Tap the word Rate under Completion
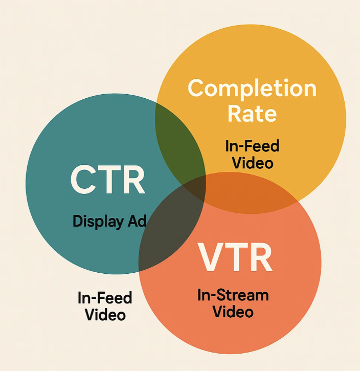coord(252,114)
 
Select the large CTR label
coord(107,179)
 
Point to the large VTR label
coord(235,257)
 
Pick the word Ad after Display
coord(137,221)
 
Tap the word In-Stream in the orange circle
coord(233,295)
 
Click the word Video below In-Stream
coord(233,312)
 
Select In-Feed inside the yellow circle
coord(252,146)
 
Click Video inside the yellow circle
coord(253,163)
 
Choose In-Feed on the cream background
coord(105,298)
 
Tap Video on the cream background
coord(105,314)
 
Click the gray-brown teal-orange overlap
coord(168,233)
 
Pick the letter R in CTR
coord(134,179)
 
